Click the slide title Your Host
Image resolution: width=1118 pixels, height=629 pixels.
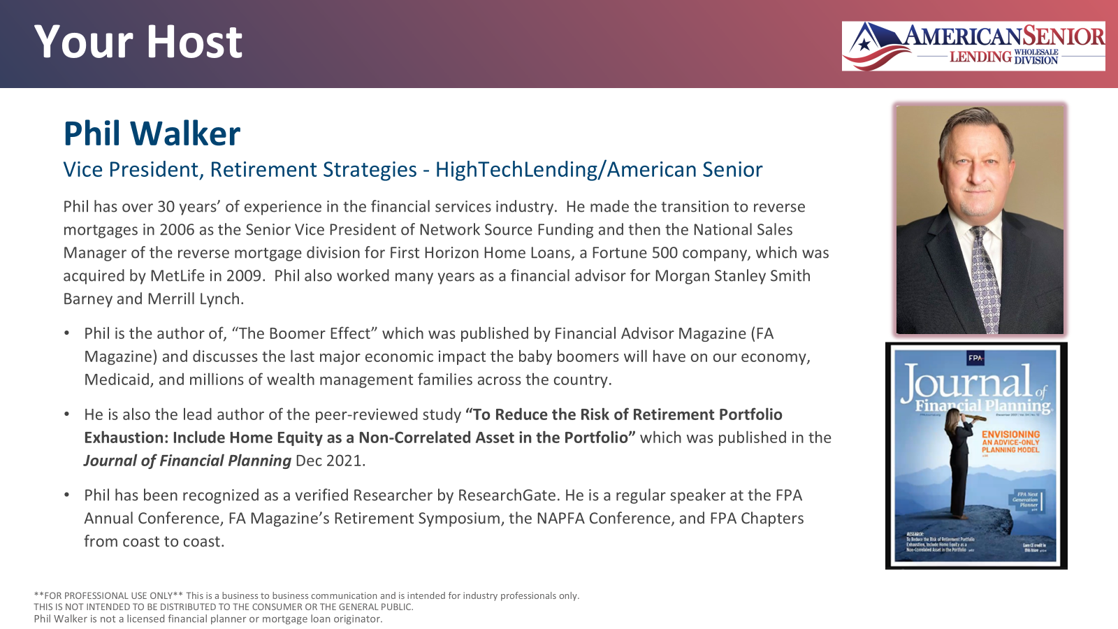point(138,42)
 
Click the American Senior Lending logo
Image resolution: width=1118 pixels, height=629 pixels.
point(973,45)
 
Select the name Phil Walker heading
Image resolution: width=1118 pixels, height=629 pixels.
point(152,133)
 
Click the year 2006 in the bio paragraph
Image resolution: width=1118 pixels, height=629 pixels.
point(177,230)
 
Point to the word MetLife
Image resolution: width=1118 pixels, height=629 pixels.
point(178,276)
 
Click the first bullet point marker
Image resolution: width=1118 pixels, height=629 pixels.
point(67,334)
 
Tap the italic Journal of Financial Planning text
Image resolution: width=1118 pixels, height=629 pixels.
point(187,461)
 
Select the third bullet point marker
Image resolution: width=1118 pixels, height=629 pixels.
point(67,496)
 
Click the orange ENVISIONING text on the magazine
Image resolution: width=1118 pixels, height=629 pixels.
point(1010,435)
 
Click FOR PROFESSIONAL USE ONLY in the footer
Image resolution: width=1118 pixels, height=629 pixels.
point(108,596)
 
